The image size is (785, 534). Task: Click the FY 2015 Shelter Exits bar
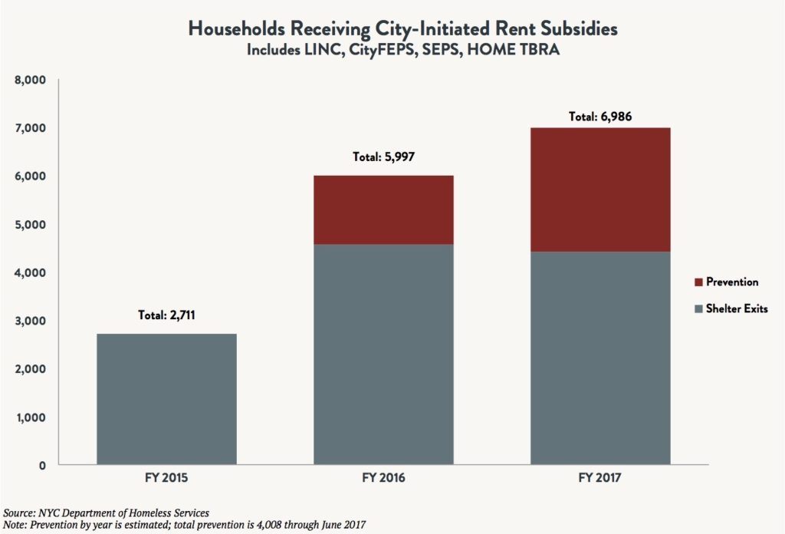click(x=166, y=399)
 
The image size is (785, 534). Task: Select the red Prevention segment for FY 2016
click(x=383, y=209)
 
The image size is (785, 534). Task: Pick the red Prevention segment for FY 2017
click(x=600, y=189)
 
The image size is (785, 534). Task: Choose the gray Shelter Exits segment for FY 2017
click(x=600, y=358)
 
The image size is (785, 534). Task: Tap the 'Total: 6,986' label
click(x=600, y=117)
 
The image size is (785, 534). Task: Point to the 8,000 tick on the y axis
click(x=31, y=80)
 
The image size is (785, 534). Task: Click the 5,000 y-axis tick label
click(x=31, y=225)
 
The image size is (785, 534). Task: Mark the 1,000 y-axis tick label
click(x=31, y=417)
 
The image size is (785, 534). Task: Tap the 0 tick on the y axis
click(x=42, y=466)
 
